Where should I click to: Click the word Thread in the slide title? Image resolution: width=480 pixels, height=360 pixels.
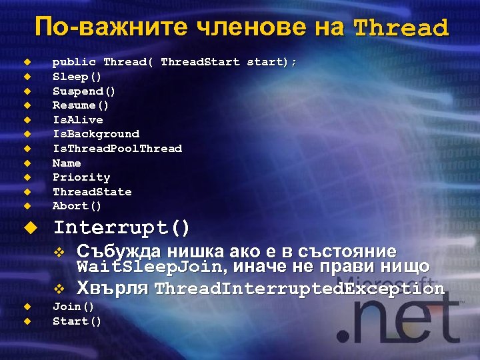click(x=401, y=28)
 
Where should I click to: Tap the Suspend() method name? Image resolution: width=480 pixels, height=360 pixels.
click(x=84, y=91)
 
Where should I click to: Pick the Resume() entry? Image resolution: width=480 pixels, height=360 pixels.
click(x=81, y=105)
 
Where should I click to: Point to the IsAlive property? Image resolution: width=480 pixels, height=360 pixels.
click(x=77, y=120)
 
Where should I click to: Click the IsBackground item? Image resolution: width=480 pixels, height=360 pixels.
click(x=95, y=134)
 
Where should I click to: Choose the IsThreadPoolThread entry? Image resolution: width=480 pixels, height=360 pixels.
click(x=117, y=149)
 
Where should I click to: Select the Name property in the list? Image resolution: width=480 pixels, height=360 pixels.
click(x=67, y=163)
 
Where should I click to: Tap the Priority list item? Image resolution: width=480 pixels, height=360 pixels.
click(x=81, y=177)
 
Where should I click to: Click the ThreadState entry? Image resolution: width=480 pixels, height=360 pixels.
click(x=92, y=192)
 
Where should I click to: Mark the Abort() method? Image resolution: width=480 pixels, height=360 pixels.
click(x=77, y=206)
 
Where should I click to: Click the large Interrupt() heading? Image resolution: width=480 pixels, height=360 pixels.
click(x=121, y=228)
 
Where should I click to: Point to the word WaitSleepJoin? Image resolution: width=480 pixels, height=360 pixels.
click(x=145, y=268)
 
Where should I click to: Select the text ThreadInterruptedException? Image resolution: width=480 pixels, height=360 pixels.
click(x=299, y=289)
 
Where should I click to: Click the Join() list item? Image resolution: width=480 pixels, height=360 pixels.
click(x=73, y=307)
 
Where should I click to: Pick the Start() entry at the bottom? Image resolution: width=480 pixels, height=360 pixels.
click(x=77, y=321)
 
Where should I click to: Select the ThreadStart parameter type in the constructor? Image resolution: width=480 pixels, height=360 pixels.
click(x=200, y=62)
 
